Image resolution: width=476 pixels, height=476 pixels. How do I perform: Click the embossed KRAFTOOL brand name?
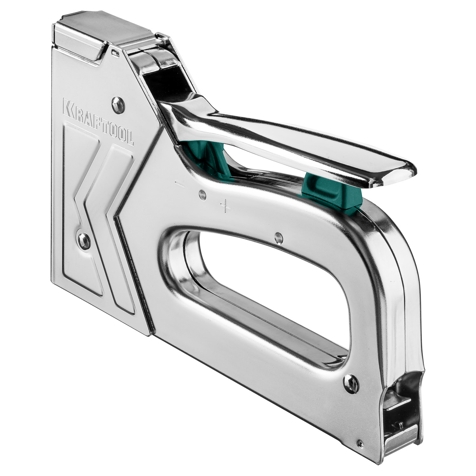tap(98, 122)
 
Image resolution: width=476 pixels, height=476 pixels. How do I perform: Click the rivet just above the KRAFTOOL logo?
tap(118, 105)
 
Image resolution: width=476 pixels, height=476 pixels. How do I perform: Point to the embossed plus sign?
tap(226, 206)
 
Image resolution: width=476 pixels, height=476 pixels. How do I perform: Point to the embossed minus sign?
tap(180, 183)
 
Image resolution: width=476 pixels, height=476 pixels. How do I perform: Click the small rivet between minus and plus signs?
tap(202, 195)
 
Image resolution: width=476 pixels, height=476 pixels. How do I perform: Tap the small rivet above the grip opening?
tap(279, 238)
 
